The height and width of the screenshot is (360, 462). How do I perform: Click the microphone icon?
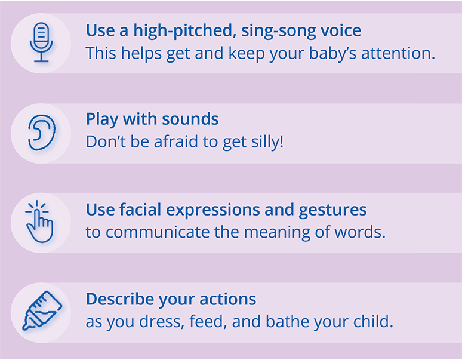(41, 42)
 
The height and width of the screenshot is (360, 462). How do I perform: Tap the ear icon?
(42, 133)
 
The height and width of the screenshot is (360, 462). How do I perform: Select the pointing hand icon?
(39, 221)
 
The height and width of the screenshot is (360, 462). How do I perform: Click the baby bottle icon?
(42, 310)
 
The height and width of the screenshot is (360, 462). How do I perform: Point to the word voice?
(337, 30)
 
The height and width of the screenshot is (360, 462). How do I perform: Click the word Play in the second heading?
(103, 119)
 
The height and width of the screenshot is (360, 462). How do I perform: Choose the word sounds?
(190, 119)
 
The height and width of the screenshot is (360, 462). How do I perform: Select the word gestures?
(332, 210)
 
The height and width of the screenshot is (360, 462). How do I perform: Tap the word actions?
(228, 299)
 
